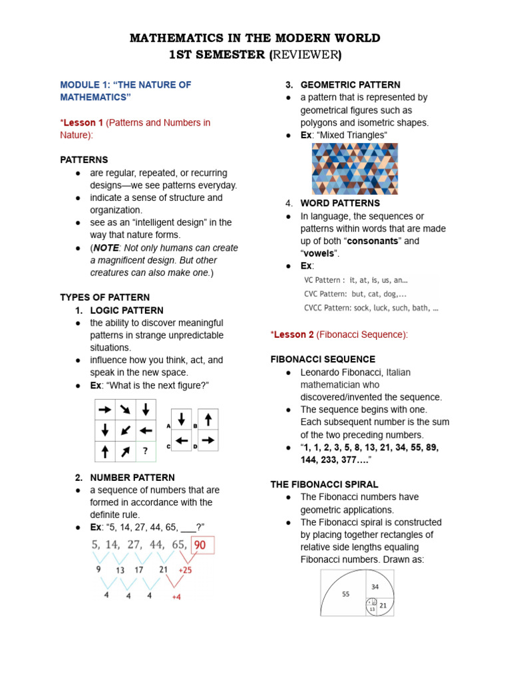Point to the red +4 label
pyautogui.click(x=176, y=597)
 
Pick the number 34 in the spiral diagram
pyautogui.click(x=375, y=587)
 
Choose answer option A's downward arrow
pyautogui.click(x=182, y=419)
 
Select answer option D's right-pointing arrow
pyautogui.click(x=208, y=440)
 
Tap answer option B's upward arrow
pyautogui.click(x=208, y=419)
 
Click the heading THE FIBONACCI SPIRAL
pyautogui.click(x=324, y=484)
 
